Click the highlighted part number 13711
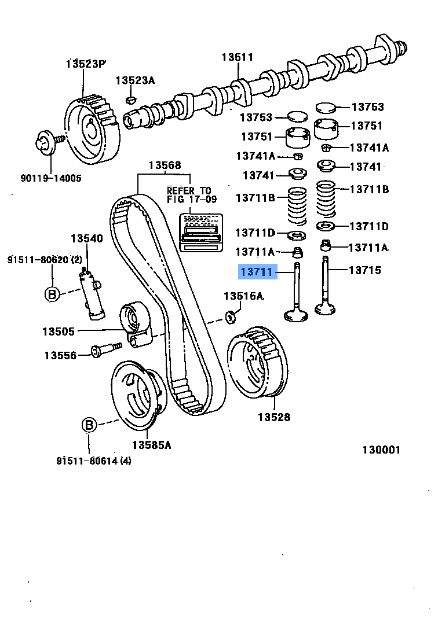click(x=256, y=271)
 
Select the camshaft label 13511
click(x=238, y=57)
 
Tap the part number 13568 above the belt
click(x=165, y=165)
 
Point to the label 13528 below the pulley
click(x=273, y=417)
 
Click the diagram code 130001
click(x=381, y=450)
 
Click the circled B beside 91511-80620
click(x=52, y=293)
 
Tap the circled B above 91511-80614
click(x=89, y=425)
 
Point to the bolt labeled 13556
click(x=105, y=350)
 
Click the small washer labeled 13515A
click(x=231, y=316)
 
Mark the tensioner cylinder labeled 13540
click(x=93, y=293)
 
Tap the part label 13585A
click(x=151, y=445)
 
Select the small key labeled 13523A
click(x=131, y=100)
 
